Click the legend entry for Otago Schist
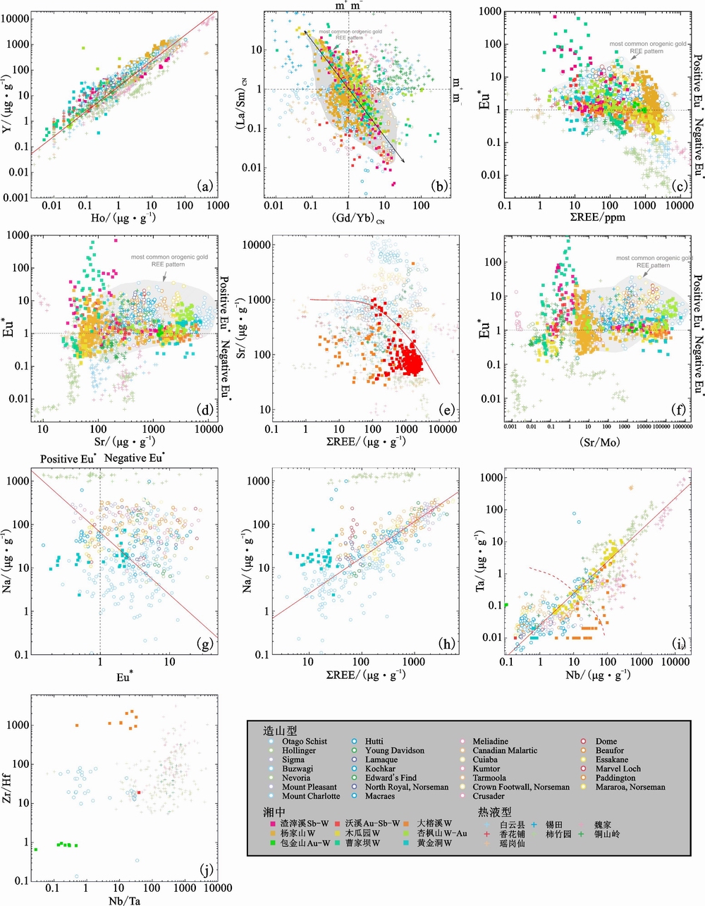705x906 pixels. [305, 741]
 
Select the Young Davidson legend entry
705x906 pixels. [394, 750]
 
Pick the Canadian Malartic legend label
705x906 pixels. [505, 750]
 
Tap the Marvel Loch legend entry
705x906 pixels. [618, 769]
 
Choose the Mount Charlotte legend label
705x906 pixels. [311, 796]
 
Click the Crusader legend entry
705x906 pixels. [489, 796]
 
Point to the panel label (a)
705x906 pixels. [205, 186]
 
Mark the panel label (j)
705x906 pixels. [206, 869]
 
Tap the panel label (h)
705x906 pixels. [446, 643]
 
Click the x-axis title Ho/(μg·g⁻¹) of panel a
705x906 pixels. [123, 218]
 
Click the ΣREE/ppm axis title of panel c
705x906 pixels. [597, 217]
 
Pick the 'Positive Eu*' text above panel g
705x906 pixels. [68, 458]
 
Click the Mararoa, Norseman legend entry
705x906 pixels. [630, 787]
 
